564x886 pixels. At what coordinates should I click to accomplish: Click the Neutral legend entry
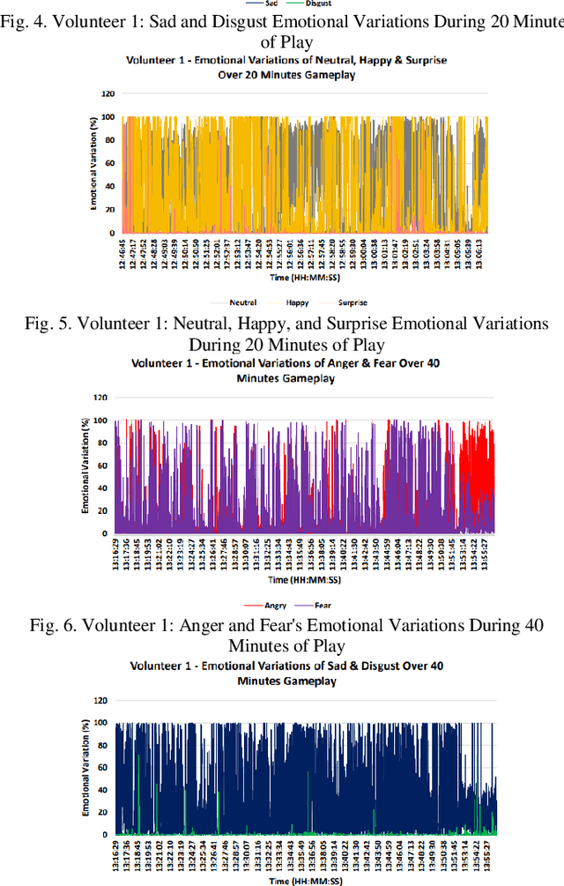click(242, 302)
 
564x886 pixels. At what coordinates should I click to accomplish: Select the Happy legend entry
click(297, 302)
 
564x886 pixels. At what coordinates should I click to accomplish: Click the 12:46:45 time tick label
click(123, 249)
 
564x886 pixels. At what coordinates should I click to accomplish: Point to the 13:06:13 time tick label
click(481, 249)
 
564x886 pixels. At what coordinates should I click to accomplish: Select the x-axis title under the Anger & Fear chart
click(295, 581)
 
